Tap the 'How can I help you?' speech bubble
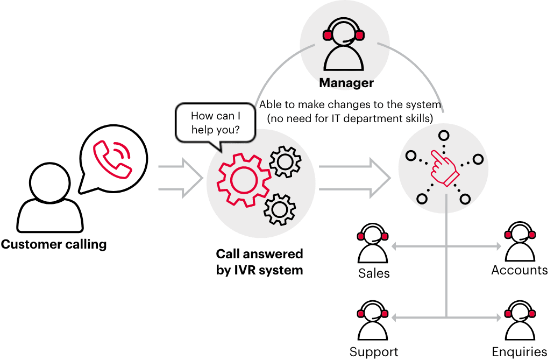tap(215, 123)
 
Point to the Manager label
tap(346, 83)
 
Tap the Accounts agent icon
tap(519, 245)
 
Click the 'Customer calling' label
tap(54, 245)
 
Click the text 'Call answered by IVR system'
tap(259, 262)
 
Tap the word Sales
tap(374, 273)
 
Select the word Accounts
tap(519, 270)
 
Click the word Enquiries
tap(520, 353)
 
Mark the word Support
tap(374, 352)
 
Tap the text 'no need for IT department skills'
tap(350, 118)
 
